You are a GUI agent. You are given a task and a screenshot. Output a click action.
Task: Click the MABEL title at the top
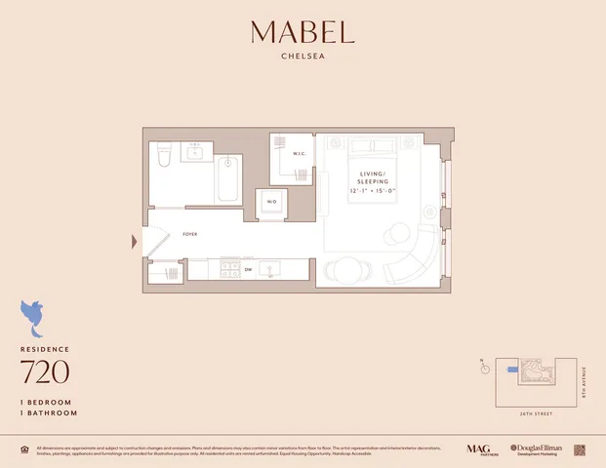pos(303,32)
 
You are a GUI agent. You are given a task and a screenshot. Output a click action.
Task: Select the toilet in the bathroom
pos(164,153)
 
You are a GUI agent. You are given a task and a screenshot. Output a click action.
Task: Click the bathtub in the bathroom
pos(227,178)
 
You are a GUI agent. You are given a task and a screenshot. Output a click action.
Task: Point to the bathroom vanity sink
pos(197,151)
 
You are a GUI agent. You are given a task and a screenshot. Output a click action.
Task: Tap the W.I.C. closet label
pos(300,153)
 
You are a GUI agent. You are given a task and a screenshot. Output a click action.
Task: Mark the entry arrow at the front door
pos(135,241)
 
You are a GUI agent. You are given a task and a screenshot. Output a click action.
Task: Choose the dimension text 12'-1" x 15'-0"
pos(374,191)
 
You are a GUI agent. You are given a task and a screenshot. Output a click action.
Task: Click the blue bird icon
pos(35,316)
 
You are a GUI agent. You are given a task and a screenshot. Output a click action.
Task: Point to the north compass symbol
pos(483,369)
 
